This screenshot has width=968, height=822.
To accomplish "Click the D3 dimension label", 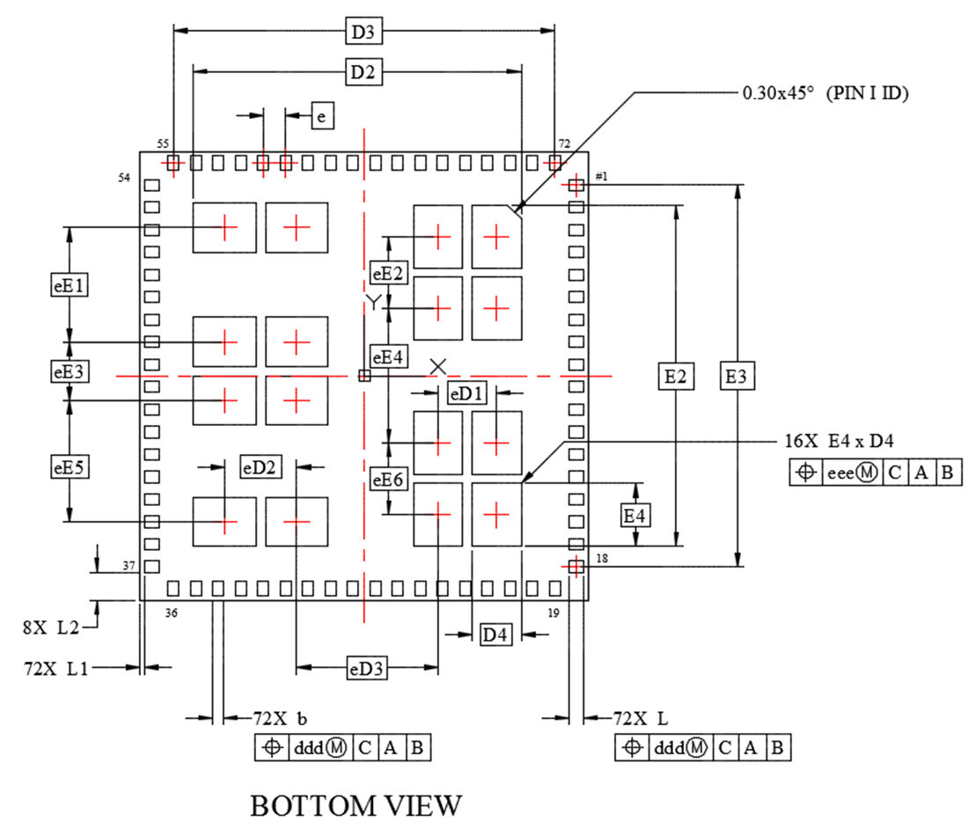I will tap(363, 33).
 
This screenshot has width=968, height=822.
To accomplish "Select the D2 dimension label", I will tap(363, 74).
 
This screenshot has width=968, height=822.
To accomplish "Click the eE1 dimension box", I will tap(70, 285).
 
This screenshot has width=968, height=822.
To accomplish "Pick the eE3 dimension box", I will tap(70, 371).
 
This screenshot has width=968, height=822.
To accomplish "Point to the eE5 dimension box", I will tap(70, 466).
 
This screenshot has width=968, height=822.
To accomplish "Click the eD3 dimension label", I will tap(366, 670).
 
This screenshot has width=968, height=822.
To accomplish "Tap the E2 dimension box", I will tap(676, 377).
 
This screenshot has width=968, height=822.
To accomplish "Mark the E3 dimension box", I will tap(737, 377).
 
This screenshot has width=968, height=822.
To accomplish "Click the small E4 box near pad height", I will tap(635, 515).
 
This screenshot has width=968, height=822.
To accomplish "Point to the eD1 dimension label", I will tap(466, 393).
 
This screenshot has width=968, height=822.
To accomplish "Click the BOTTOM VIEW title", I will tap(356, 804).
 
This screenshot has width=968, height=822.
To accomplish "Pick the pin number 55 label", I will tap(163, 143).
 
